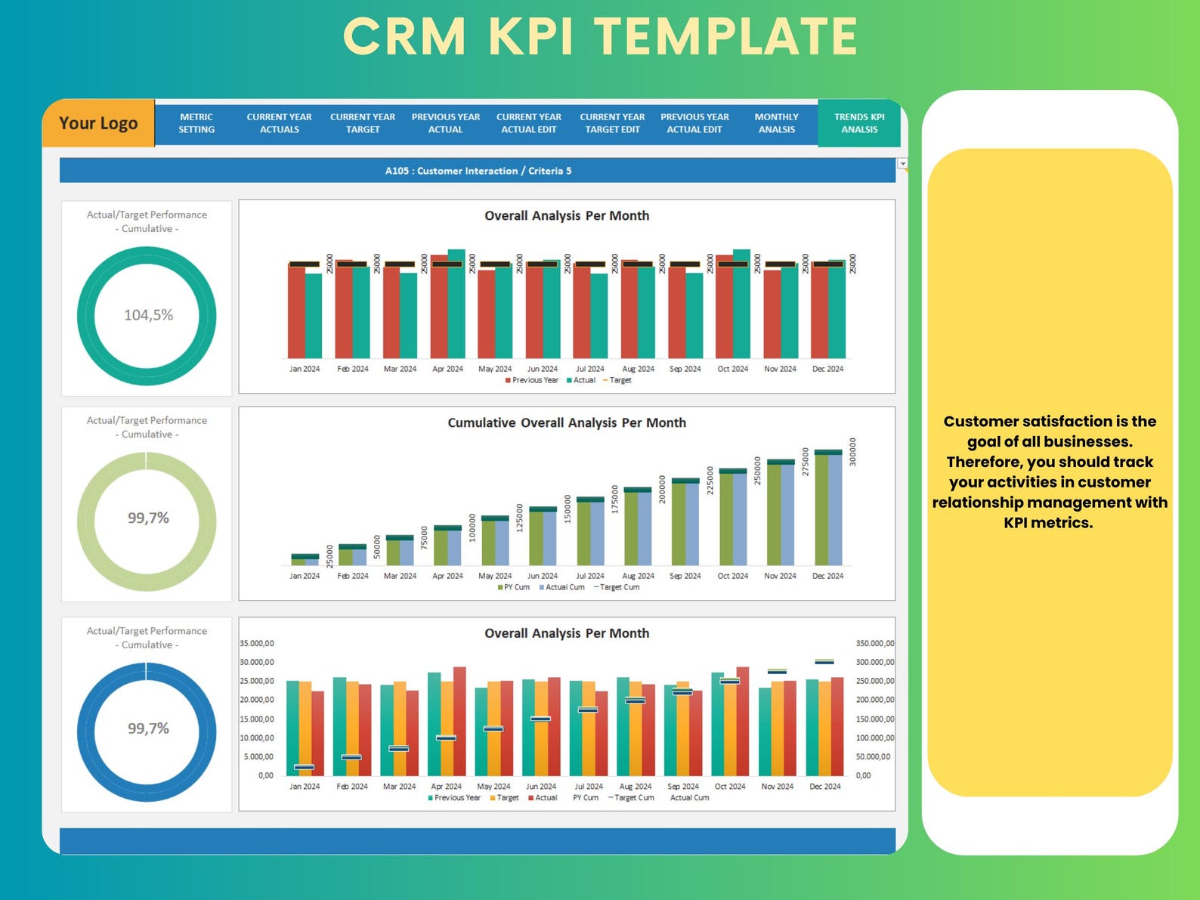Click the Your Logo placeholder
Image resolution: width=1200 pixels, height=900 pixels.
pyautogui.click(x=98, y=123)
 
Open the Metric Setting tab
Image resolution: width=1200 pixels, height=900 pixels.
pyautogui.click(x=196, y=123)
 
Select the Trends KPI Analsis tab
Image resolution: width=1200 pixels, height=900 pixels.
pyautogui.click(x=859, y=123)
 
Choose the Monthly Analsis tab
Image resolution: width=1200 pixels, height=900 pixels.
pyautogui.click(x=776, y=123)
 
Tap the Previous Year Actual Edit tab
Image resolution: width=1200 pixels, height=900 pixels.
pyautogui.click(x=694, y=123)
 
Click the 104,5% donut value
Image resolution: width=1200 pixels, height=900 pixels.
pyautogui.click(x=148, y=315)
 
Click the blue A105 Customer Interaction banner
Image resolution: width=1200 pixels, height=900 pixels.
pyautogui.click(x=478, y=171)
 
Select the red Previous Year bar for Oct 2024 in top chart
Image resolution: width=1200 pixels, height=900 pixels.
pyautogui.click(x=724, y=306)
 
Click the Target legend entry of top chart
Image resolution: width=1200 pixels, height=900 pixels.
pyautogui.click(x=620, y=380)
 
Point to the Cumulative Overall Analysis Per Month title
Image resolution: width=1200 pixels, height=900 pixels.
pyautogui.click(x=567, y=423)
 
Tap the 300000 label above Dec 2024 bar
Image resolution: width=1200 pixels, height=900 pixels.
pyautogui.click(x=853, y=452)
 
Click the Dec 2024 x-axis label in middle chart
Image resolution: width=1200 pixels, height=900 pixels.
pyautogui.click(x=827, y=576)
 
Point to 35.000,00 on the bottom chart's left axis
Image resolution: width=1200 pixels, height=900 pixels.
pyautogui.click(x=257, y=644)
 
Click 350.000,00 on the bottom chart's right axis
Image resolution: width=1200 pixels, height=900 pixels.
pyautogui.click(x=874, y=644)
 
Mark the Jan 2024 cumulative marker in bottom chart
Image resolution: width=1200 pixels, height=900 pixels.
pyautogui.click(x=304, y=767)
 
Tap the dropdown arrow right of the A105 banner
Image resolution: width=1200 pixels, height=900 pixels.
pyautogui.click(x=902, y=163)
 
